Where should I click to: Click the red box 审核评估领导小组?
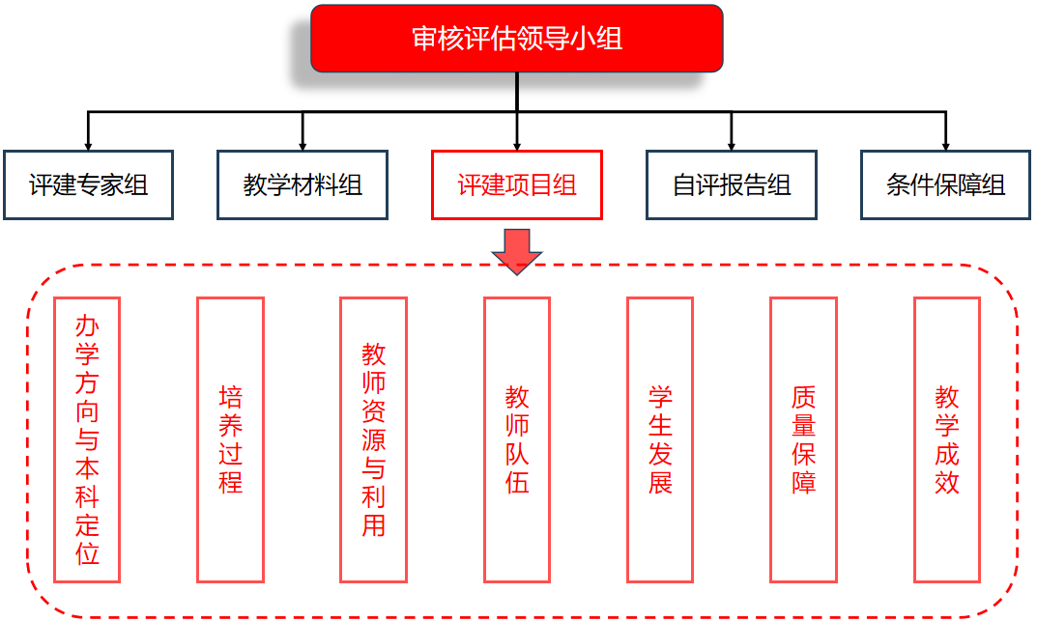point(517,39)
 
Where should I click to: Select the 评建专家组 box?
point(88,184)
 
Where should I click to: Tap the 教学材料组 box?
point(302,184)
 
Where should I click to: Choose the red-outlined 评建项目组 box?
point(517,184)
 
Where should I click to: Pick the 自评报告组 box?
point(732,184)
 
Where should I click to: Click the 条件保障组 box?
point(945,184)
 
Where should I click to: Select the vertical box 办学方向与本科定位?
point(87,439)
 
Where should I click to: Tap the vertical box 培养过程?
point(230,439)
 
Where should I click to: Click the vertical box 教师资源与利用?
point(373,439)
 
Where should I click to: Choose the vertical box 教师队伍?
point(517,439)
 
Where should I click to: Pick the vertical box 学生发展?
point(660,439)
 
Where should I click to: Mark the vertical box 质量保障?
point(803,439)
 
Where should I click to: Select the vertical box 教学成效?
point(946,439)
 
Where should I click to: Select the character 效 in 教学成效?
point(946,481)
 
